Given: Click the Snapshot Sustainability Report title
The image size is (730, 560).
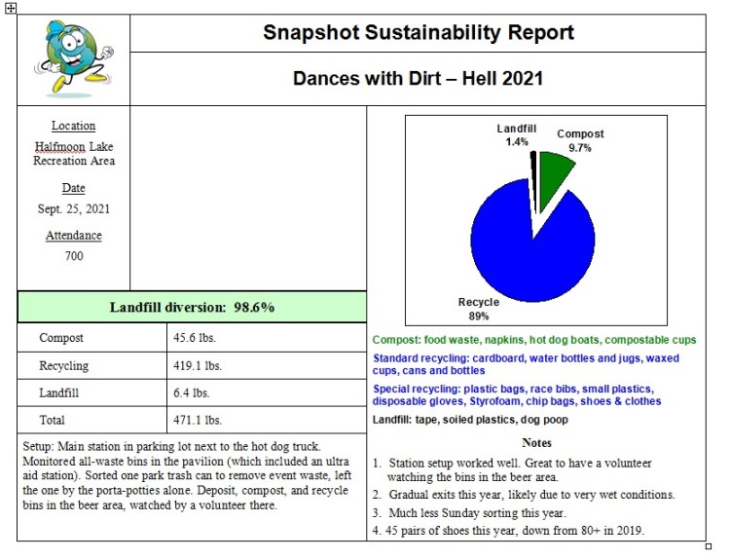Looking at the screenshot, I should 418,33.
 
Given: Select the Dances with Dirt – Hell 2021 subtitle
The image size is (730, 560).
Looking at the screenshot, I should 418,78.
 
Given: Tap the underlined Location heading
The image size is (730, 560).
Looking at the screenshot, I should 74,126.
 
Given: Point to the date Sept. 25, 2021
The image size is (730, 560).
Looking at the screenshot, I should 74,208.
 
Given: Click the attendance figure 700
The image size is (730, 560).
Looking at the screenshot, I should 74,256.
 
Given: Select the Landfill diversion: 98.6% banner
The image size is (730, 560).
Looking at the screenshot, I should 192,307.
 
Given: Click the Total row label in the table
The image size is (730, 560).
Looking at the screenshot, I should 53,421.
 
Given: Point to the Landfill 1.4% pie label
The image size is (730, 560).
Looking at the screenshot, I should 517,135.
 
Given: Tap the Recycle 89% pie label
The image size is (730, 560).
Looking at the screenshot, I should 479,310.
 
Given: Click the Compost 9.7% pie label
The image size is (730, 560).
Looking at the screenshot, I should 580,140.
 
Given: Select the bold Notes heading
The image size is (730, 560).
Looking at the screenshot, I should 536,443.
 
